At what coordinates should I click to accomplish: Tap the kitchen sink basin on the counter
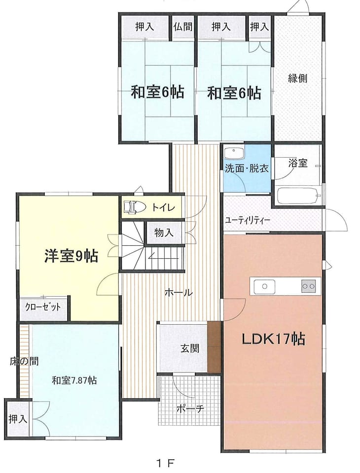(x=264, y=286)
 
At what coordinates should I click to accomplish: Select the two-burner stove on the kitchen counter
(x=308, y=286)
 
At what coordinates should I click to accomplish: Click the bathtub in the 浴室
(x=299, y=196)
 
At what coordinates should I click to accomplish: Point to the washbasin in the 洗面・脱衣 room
(x=234, y=153)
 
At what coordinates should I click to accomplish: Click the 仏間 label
(x=183, y=27)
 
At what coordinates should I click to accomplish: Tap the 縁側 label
(x=297, y=78)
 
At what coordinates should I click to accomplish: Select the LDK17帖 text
(x=273, y=339)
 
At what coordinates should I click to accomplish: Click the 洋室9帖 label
(x=72, y=256)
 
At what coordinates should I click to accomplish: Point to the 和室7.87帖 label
(x=74, y=380)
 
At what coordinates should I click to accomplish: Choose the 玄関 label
(x=190, y=349)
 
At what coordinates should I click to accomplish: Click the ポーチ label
(x=190, y=409)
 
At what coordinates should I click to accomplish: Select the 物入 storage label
(x=164, y=233)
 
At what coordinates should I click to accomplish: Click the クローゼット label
(x=43, y=307)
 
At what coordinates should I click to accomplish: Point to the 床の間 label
(x=24, y=361)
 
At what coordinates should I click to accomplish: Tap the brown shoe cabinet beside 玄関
(x=215, y=347)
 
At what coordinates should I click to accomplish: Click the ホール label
(x=178, y=292)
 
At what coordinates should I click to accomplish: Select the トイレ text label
(x=163, y=207)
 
